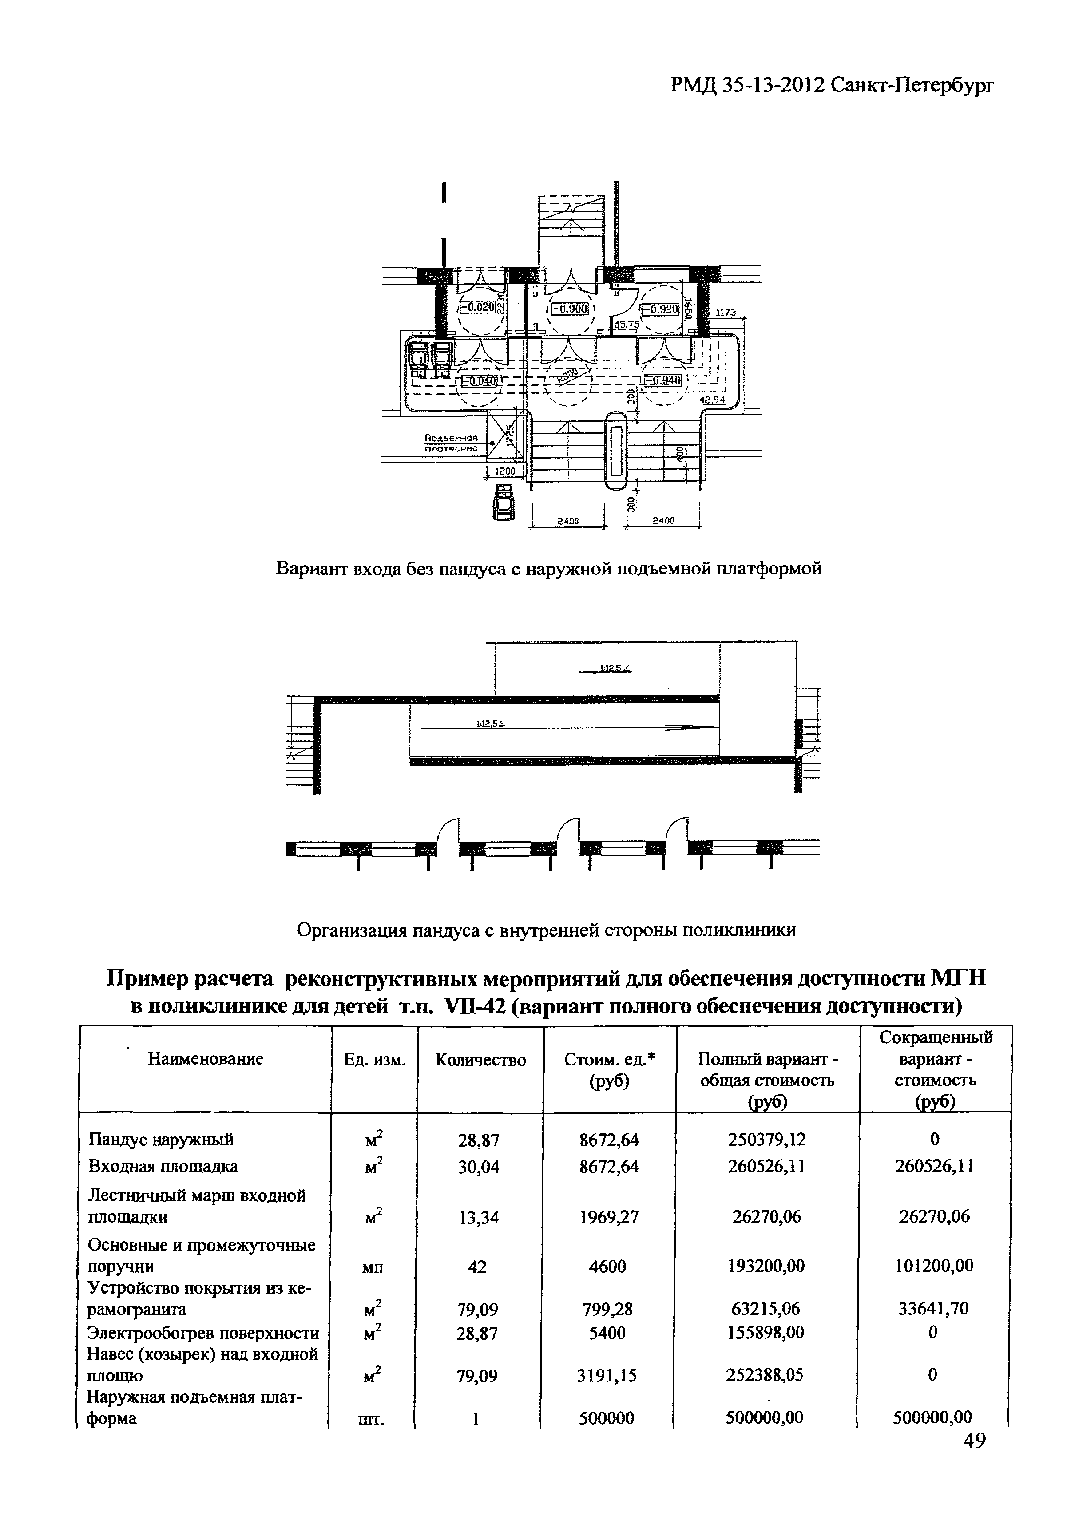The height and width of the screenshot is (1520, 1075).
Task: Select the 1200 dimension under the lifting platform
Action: (x=505, y=471)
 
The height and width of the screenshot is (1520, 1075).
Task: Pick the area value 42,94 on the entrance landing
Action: (x=713, y=400)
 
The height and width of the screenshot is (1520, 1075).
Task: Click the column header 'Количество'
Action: (x=481, y=1060)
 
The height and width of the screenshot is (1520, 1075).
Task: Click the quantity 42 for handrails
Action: (x=477, y=1267)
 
